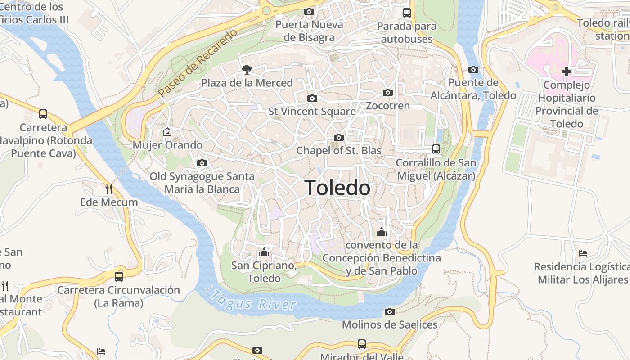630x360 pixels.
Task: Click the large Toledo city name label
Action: (337, 188)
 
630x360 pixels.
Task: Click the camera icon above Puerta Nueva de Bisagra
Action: (309, 12)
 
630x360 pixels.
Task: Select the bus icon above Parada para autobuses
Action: (407, 13)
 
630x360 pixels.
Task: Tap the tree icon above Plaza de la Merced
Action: (247, 69)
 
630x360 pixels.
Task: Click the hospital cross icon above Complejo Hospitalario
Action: (567, 71)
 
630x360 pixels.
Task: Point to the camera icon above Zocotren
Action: (388, 93)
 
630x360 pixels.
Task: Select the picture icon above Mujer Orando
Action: (167, 132)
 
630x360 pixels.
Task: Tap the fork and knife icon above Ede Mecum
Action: (108, 189)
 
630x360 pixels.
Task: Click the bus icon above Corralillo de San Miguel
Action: (436, 149)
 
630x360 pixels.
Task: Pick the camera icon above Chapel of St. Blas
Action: (339, 137)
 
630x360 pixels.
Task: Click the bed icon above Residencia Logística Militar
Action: (583, 253)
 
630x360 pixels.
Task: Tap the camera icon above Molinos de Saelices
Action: (390, 311)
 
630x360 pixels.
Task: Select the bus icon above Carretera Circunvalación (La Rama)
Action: (119, 276)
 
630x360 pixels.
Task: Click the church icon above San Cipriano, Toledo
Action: (264, 252)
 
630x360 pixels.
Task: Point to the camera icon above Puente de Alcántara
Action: (473, 69)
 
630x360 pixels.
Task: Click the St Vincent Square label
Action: (312, 111)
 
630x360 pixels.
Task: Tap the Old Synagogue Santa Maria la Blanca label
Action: (202, 183)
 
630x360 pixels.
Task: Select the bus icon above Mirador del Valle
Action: (361, 344)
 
